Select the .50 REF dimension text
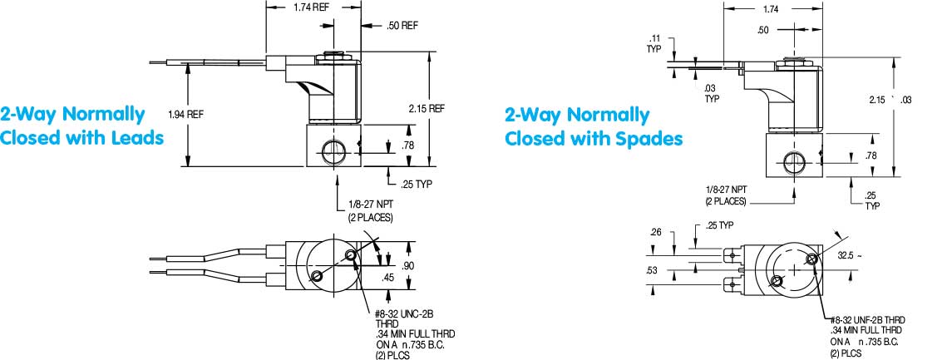[x=402, y=26]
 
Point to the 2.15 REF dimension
[x=427, y=109]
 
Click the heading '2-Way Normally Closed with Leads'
[x=82, y=126]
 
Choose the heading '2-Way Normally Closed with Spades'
[x=594, y=126]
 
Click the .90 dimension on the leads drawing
[x=407, y=265]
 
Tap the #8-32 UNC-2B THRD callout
[x=404, y=313]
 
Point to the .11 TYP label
[x=654, y=43]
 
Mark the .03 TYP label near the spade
[x=711, y=93]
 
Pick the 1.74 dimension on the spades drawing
[x=769, y=9]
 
